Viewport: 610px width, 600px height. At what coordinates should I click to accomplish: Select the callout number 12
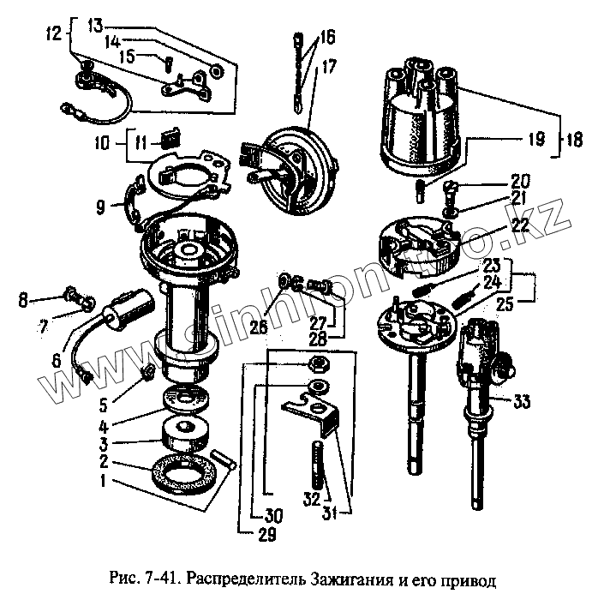pos(54,35)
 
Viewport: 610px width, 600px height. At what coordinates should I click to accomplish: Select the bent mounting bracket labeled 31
pos(322,411)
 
